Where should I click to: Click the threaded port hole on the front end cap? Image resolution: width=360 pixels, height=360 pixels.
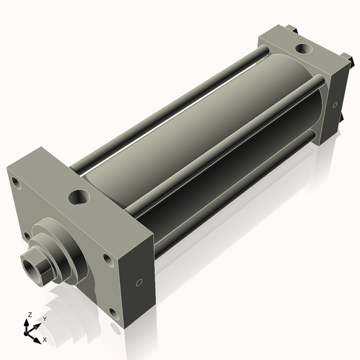click(x=79, y=196)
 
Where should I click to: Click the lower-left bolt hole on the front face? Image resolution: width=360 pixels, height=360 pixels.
click(x=27, y=236)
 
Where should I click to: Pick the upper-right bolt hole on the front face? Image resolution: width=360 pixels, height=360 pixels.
click(x=107, y=259)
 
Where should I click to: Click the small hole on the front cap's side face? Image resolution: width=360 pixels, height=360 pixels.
click(x=139, y=282)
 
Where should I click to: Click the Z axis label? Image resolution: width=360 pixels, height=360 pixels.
click(x=29, y=314)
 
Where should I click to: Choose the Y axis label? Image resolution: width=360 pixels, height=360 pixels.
click(x=44, y=319)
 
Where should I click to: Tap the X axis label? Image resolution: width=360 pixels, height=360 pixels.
click(x=44, y=340)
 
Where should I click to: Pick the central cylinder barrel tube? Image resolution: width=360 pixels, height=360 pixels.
click(x=198, y=138)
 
